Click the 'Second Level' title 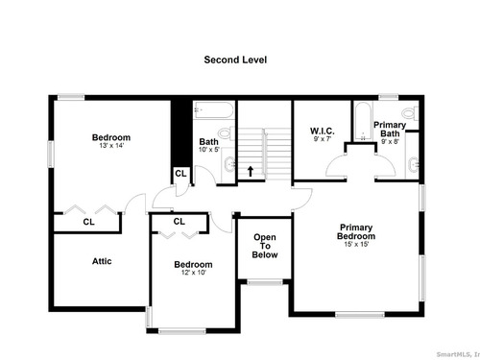coord(235,60)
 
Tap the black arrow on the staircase coord(251,171)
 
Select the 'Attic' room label coord(102,261)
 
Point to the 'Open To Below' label coord(265,246)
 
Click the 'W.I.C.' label coord(323,131)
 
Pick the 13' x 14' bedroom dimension coord(111,146)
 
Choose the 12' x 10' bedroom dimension coord(193,273)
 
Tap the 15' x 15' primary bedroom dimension coord(356,244)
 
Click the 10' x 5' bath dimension coord(208,150)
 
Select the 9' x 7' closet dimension coord(323,139)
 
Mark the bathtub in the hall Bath coord(213,110)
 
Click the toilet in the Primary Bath coord(410,113)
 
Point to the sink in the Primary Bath coord(414,164)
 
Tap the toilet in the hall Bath coord(227,133)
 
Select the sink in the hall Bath coord(230,164)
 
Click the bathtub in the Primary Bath coord(363,121)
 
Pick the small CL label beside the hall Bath coord(180,174)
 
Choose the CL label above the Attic coord(88,222)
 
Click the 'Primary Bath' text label coord(390,129)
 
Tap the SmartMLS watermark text coord(458,354)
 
